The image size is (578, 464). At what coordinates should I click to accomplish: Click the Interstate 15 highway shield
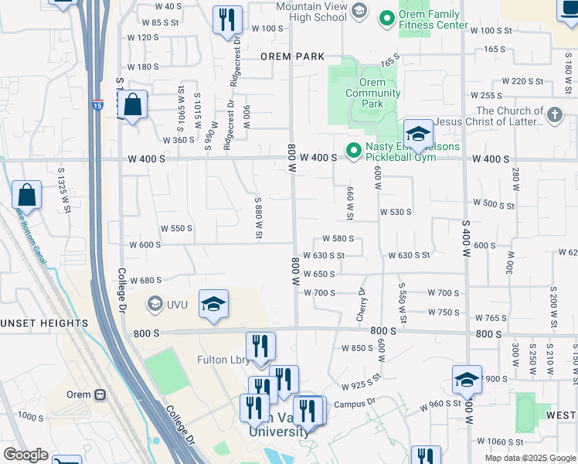pyautogui.click(x=97, y=104)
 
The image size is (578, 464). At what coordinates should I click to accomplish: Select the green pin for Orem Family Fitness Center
pyautogui.click(x=385, y=15)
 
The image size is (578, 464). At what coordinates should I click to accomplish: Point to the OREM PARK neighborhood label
pyautogui.click(x=291, y=56)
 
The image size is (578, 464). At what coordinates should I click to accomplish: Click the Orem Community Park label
pyautogui.click(x=372, y=93)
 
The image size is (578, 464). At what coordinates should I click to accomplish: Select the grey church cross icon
pyautogui.click(x=554, y=116)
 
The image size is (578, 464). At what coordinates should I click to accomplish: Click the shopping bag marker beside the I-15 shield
pyautogui.click(x=133, y=104)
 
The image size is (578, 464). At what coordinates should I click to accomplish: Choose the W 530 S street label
pyautogui.click(x=395, y=211)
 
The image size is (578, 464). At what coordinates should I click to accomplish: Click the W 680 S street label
pyautogui.click(x=146, y=280)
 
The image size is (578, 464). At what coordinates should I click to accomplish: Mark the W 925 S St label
pyautogui.click(x=362, y=381)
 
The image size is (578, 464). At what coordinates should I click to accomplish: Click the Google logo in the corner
pyautogui.click(x=25, y=455)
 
